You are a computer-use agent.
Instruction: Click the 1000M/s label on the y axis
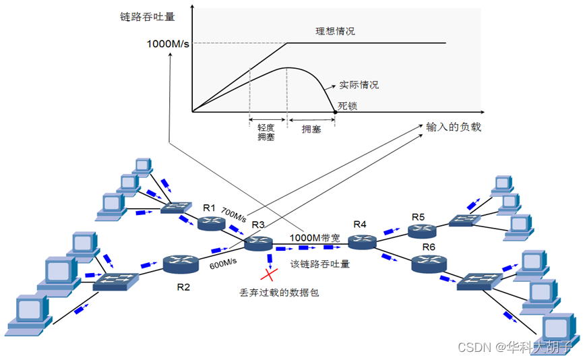pos(168,44)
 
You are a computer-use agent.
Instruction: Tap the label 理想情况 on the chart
pos(335,31)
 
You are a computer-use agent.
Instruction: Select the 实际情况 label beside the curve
pos(359,85)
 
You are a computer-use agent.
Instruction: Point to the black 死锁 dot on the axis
pos(335,111)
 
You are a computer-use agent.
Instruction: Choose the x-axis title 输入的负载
pos(454,127)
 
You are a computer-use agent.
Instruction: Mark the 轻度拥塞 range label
pos(266,132)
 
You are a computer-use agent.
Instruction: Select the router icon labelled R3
pos(258,243)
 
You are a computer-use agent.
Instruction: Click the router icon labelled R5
pos(422,231)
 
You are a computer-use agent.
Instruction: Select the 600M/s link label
pos(224,264)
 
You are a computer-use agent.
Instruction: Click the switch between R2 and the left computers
pos(115,282)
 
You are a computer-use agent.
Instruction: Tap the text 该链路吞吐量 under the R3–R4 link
pos(319,264)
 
